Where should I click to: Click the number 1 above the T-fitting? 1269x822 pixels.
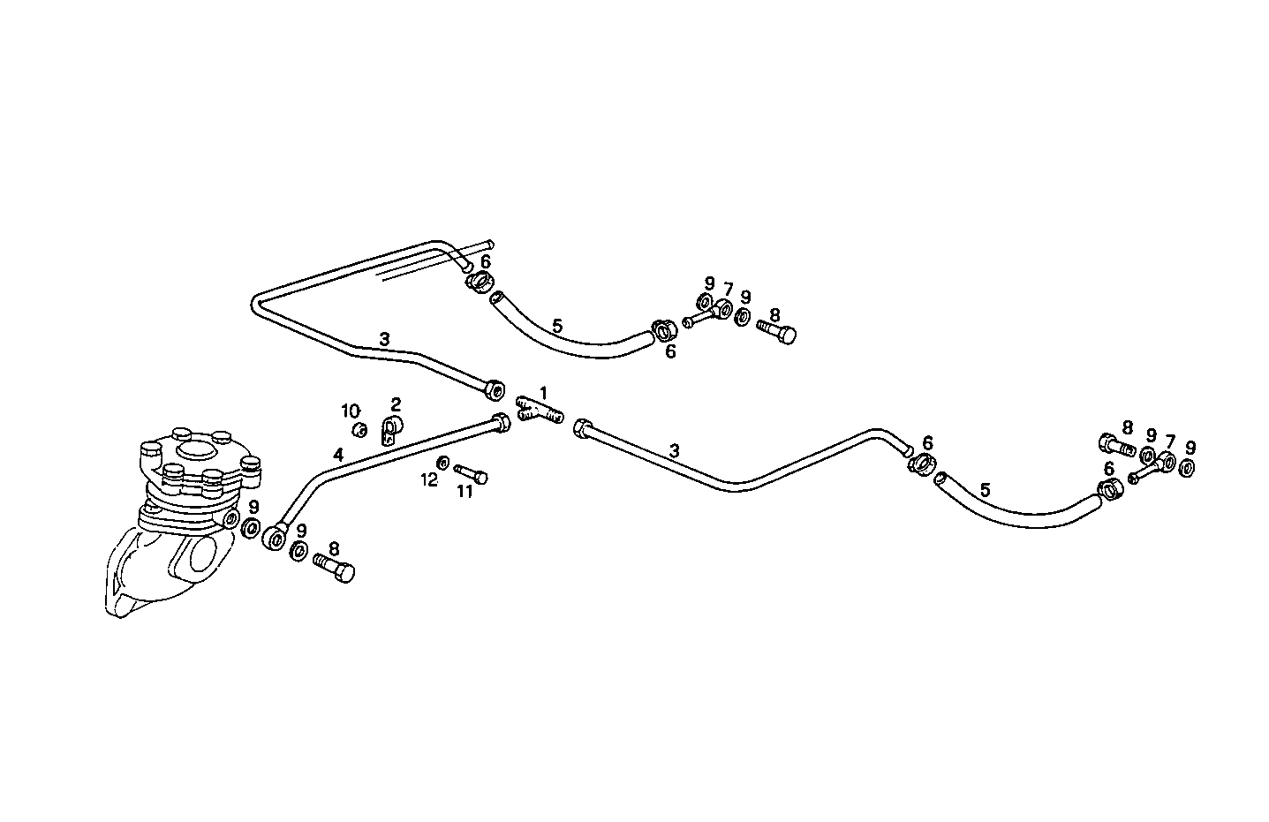pos(544,392)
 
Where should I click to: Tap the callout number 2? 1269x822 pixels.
pos(396,404)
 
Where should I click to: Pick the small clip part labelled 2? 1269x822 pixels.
pos(390,430)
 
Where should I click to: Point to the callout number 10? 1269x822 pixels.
pos(351,411)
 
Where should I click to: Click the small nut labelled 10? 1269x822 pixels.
pos(359,430)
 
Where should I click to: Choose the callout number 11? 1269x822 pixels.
pos(465,492)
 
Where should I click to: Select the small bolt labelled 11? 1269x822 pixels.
pos(472,474)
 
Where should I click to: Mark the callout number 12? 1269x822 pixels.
pos(429,480)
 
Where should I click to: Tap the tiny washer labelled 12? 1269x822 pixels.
pos(443,463)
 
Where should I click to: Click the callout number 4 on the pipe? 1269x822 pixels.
pos(338,455)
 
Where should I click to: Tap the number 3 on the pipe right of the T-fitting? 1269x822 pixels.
pos(674,450)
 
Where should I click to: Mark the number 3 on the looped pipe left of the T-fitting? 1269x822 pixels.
pos(384,338)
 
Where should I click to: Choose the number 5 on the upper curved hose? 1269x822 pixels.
pos(556,326)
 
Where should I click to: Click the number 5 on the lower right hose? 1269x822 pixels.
pos(985,488)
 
